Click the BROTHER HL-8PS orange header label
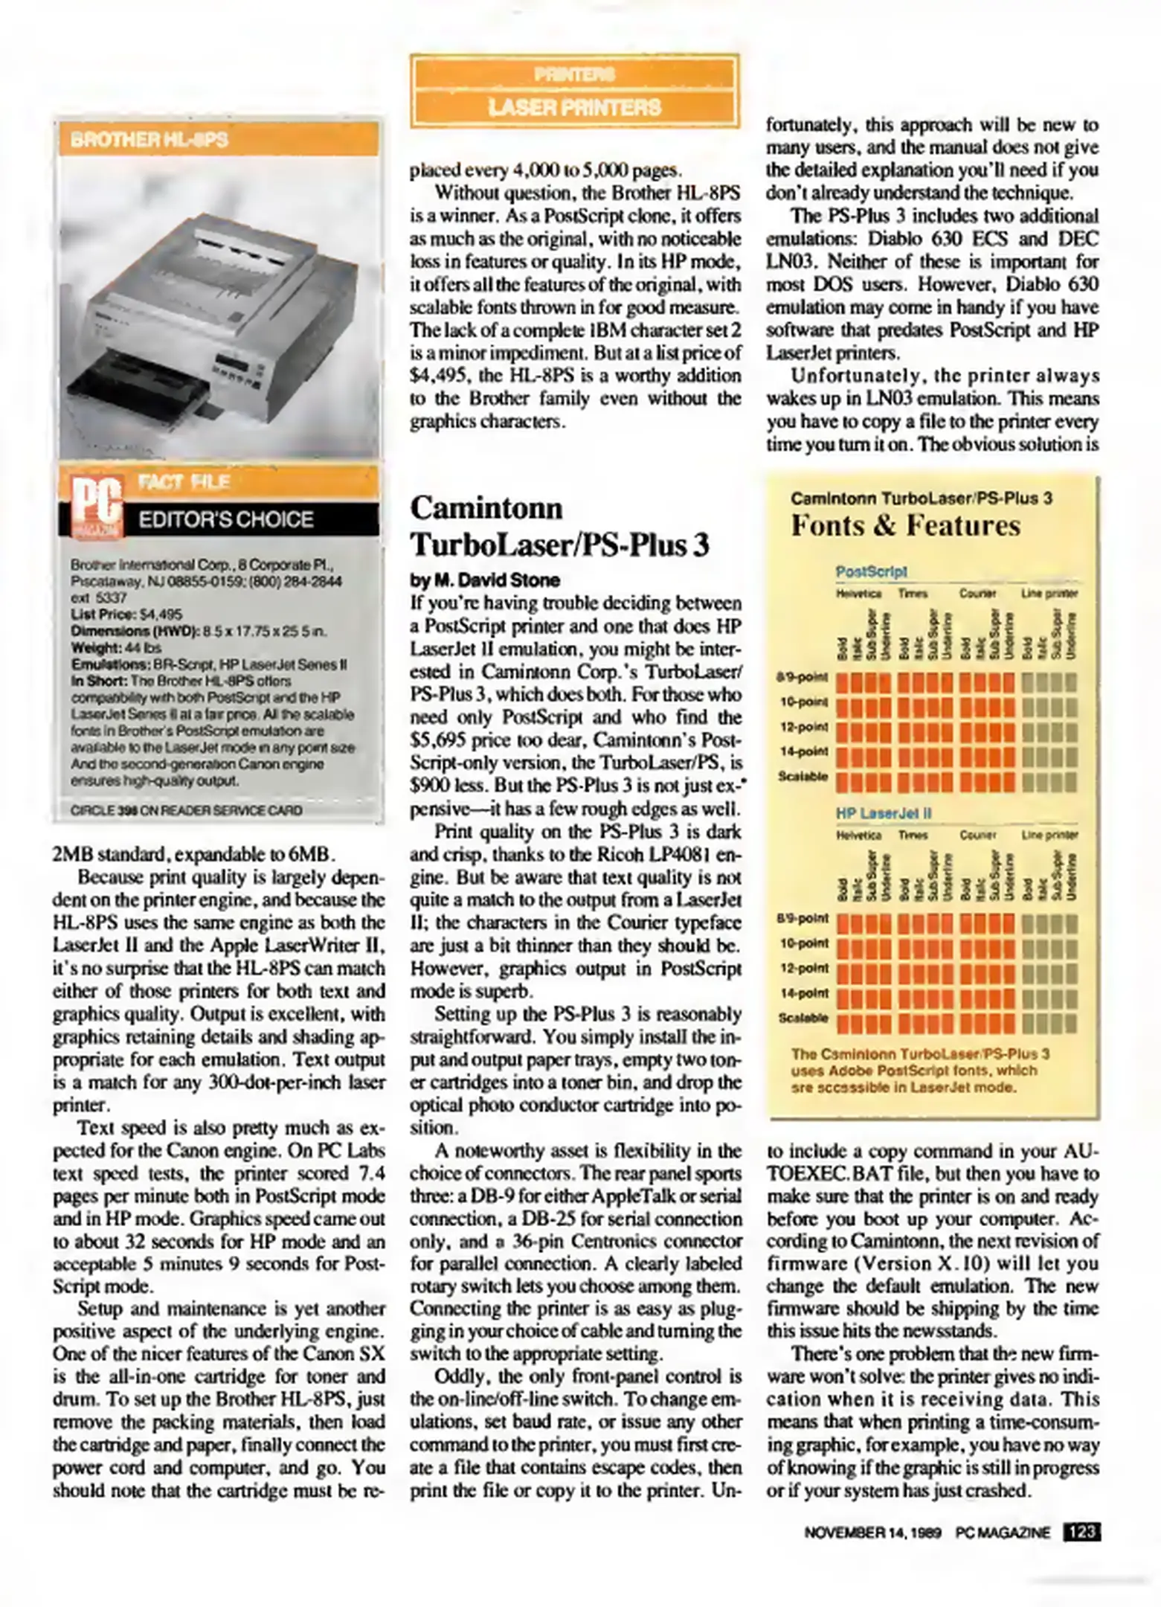tap(149, 140)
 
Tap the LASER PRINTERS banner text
tap(574, 108)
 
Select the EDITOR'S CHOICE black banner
tap(226, 519)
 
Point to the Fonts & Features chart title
tap(905, 525)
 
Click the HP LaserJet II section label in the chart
tap(883, 813)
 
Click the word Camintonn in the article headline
tap(486, 508)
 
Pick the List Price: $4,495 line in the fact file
tap(126, 614)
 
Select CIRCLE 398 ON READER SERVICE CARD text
tap(186, 809)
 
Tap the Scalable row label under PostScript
tap(803, 776)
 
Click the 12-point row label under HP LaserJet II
tap(804, 968)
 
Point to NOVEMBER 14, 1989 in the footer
tap(872, 1533)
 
